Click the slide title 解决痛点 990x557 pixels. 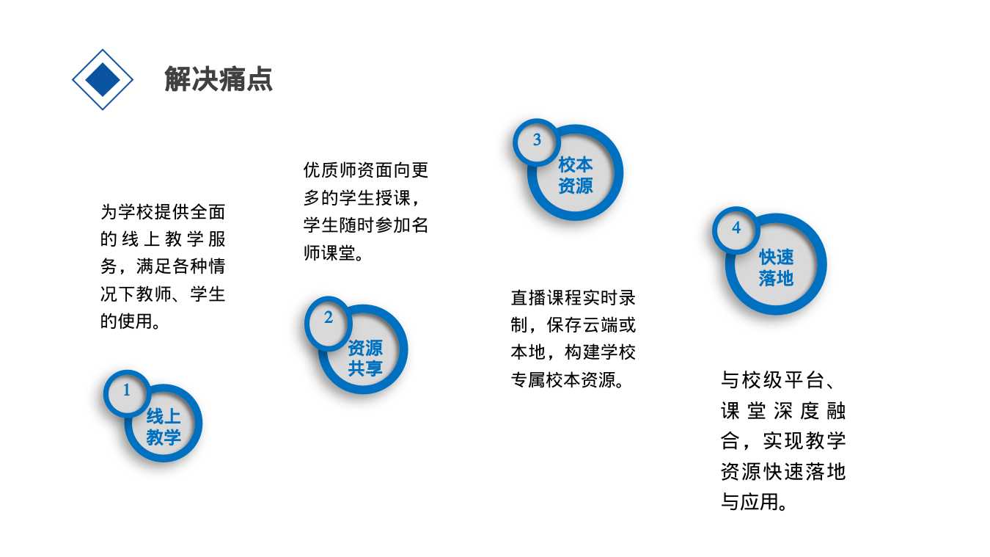[219, 79]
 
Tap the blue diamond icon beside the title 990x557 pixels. [103, 80]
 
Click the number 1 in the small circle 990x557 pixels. [126, 390]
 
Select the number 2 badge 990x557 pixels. [328, 317]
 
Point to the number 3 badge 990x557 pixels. [537, 140]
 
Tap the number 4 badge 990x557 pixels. [736, 227]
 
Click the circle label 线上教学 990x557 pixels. [164, 427]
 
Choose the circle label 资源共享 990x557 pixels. [365, 358]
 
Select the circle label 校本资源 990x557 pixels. [576, 175]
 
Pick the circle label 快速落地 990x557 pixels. [776, 268]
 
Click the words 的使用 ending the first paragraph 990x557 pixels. [126, 321]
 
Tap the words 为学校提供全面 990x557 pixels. [163, 212]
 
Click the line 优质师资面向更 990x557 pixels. [366, 170]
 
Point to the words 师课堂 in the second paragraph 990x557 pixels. [330, 253]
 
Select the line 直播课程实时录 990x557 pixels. [573, 298]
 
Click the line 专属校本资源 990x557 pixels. [563, 379]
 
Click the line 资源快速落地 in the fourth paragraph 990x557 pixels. [783, 472]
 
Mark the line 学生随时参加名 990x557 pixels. [366, 225]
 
